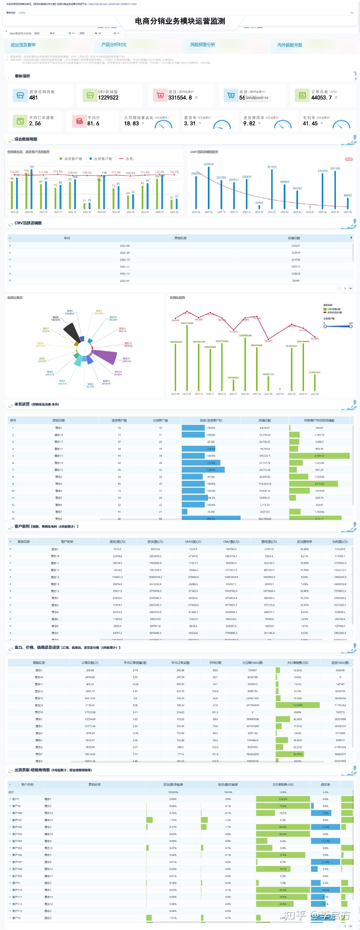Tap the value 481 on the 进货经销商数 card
[33, 97]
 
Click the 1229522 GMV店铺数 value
[108, 97]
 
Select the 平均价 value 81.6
[93, 123]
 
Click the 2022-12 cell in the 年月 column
[124, 274]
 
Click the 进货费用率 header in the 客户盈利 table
[304, 541]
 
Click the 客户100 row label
[17, 813]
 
